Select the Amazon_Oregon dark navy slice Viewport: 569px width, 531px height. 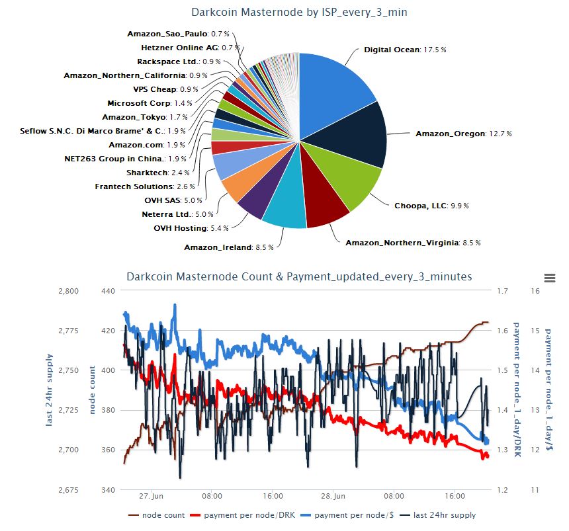[x=354, y=136]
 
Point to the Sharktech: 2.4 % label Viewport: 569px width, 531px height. [x=158, y=173]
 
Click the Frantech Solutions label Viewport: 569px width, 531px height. [x=134, y=186]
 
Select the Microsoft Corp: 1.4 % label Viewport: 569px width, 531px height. [x=150, y=103]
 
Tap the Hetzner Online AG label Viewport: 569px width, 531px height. [x=179, y=48]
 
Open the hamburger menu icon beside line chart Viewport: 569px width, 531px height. [x=550, y=278]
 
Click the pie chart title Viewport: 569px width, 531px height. [x=299, y=12]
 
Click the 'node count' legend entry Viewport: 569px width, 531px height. [x=156, y=515]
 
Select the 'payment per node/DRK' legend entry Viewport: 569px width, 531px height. [x=243, y=515]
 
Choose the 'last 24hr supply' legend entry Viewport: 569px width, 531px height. [x=437, y=515]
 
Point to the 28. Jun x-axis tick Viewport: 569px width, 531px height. [x=333, y=496]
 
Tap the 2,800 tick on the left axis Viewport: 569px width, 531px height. [x=68, y=291]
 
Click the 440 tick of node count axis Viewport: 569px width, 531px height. [x=108, y=291]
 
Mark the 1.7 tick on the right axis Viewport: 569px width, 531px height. [x=502, y=291]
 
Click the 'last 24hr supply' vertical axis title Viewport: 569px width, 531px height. [x=49, y=390]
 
